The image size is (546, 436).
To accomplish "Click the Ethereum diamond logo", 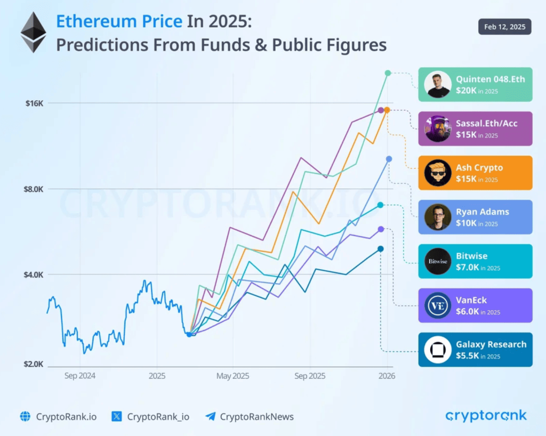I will (x=33, y=33).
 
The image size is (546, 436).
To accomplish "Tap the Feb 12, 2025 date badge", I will (x=504, y=26).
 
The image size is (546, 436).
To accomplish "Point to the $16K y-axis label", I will (x=34, y=103).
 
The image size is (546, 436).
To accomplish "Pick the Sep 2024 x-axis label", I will (x=80, y=376).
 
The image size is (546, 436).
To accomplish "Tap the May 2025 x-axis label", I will (x=233, y=376).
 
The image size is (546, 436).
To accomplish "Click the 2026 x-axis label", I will (x=387, y=376).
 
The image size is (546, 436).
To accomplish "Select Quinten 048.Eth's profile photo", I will (x=438, y=84).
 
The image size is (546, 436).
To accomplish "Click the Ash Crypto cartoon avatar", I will (x=438, y=173).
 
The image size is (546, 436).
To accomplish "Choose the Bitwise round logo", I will (x=438, y=261).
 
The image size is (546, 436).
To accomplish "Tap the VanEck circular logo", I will (x=438, y=305).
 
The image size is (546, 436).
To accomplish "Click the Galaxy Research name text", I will (x=491, y=344).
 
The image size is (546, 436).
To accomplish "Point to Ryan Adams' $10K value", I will (x=466, y=223).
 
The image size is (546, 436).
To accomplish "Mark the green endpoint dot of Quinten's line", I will (x=388, y=73).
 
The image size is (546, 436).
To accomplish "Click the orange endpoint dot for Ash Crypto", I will (x=387, y=110).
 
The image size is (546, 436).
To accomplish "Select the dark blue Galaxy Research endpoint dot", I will (x=380, y=249).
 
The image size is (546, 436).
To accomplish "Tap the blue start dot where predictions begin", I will (x=189, y=334).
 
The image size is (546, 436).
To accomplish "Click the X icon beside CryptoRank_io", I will (x=117, y=417).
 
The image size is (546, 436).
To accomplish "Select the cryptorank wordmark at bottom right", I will (x=486, y=416).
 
